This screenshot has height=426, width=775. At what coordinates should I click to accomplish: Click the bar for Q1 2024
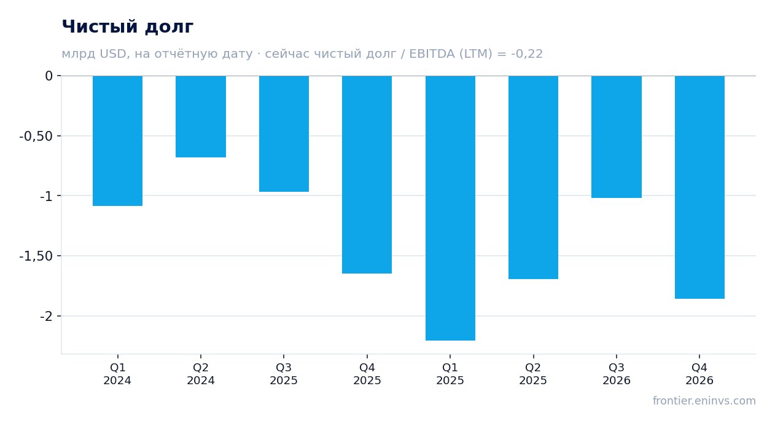click(x=118, y=141)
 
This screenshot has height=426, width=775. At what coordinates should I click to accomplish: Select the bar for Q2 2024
click(x=201, y=116)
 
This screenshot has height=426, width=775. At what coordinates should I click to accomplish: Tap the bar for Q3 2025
click(x=284, y=133)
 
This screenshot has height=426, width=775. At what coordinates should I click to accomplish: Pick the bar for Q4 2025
click(x=367, y=175)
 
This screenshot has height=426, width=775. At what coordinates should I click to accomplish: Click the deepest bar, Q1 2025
click(x=451, y=208)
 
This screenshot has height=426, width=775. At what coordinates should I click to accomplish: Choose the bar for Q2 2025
click(x=533, y=177)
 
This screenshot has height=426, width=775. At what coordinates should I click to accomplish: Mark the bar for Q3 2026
click(x=617, y=137)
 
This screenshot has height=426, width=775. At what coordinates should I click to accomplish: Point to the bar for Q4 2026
click(x=699, y=187)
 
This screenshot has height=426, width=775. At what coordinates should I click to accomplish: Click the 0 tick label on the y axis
click(x=49, y=76)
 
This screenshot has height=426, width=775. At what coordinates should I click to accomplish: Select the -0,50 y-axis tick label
click(x=36, y=136)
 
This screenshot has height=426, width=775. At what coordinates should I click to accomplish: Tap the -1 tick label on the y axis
click(x=46, y=196)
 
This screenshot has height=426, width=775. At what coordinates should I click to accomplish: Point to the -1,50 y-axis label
click(x=36, y=256)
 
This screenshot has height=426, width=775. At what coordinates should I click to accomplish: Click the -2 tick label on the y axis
click(x=46, y=316)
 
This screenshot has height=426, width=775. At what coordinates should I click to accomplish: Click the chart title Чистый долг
click(x=127, y=26)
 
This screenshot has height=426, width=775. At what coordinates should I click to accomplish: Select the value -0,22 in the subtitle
click(x=527, y=54)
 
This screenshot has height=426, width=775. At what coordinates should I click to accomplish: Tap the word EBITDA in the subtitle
click(x=432, y=54)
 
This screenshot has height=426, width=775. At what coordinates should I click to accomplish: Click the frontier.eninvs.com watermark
click(x=704, y=401)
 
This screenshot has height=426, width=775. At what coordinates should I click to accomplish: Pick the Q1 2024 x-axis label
click(x=117, y=374)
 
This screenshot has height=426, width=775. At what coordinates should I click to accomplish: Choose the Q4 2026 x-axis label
click(x=699, y=374)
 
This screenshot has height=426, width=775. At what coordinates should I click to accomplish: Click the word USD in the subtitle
click(x=113, y=54)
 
